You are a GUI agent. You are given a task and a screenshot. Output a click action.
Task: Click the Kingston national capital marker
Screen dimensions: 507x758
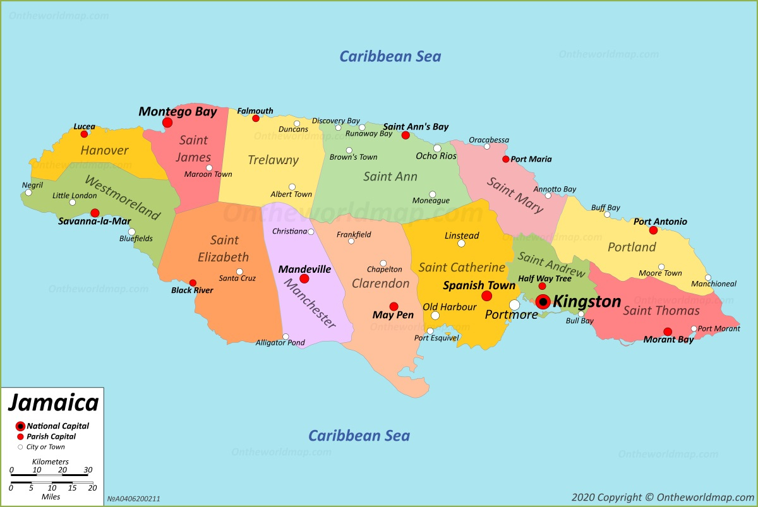click(543, 302)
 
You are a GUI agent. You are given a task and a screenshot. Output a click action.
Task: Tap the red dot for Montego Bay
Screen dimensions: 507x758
click(167, 122)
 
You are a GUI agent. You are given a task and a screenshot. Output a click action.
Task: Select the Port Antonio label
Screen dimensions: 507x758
click(660, 222)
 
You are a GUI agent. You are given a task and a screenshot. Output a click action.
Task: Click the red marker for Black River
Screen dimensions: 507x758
click(193, 283)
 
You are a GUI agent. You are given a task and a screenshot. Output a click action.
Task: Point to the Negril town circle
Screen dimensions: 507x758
click(28, 193)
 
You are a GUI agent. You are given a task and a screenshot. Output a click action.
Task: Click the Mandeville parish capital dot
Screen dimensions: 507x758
click(304, 278)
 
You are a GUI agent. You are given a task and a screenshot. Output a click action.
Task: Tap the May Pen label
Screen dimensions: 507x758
click(393, 315)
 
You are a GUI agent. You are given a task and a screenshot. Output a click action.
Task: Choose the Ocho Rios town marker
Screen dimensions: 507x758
click(437, 148)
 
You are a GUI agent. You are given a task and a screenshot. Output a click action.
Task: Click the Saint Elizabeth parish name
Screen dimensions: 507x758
click(225, 249)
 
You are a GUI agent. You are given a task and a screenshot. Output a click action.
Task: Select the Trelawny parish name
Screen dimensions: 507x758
click(273, 160)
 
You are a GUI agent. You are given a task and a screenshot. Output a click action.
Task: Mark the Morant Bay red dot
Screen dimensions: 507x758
click(668, 331)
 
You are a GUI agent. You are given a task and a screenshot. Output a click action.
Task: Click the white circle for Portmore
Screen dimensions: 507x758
click(514, 305)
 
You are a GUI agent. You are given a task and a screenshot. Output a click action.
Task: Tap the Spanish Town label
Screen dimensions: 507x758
click(479, 285)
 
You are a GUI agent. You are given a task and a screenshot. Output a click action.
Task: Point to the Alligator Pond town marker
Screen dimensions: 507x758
click(286, 336)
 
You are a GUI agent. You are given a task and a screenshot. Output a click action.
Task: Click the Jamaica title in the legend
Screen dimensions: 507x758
click(53, 403)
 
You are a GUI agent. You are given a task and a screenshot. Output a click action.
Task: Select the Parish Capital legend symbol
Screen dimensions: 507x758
click(20, 437)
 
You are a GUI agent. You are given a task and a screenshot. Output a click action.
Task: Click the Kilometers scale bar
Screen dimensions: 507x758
click(49, 474)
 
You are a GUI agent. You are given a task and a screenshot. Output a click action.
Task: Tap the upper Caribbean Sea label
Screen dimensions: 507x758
click(390, 56)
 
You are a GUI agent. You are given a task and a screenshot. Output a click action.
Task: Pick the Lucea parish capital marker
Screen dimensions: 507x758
click(84, 134)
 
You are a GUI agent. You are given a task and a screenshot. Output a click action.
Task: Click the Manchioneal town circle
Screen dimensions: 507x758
click(708, 277)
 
